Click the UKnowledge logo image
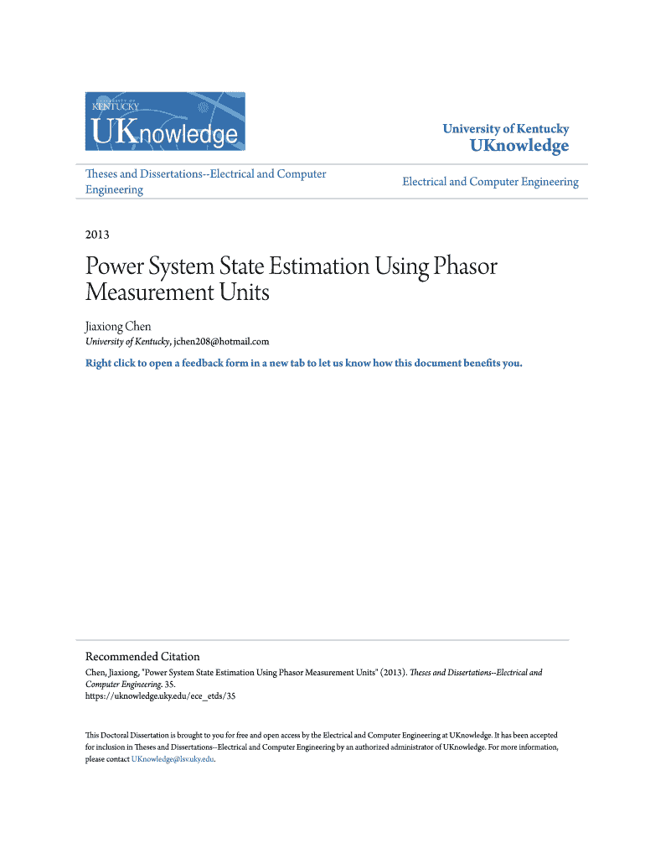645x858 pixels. pos(166,121)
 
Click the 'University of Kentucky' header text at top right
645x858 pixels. pos(505,129)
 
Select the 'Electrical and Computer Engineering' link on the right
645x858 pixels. pos(490,182)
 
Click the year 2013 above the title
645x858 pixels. pos(97,235)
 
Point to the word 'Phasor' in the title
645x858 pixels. pos(464,267)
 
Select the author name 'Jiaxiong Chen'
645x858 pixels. pos(118,326)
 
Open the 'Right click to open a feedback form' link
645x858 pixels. pos(303,364)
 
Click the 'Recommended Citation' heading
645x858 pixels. pos(142,656)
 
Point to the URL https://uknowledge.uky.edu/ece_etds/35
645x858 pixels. pos(161,695)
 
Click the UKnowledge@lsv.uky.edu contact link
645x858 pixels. pos(173,759)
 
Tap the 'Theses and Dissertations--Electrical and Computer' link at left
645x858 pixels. pos(206,174)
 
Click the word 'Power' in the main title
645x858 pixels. pos(116,267)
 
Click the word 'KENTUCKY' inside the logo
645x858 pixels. pos(116,106)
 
